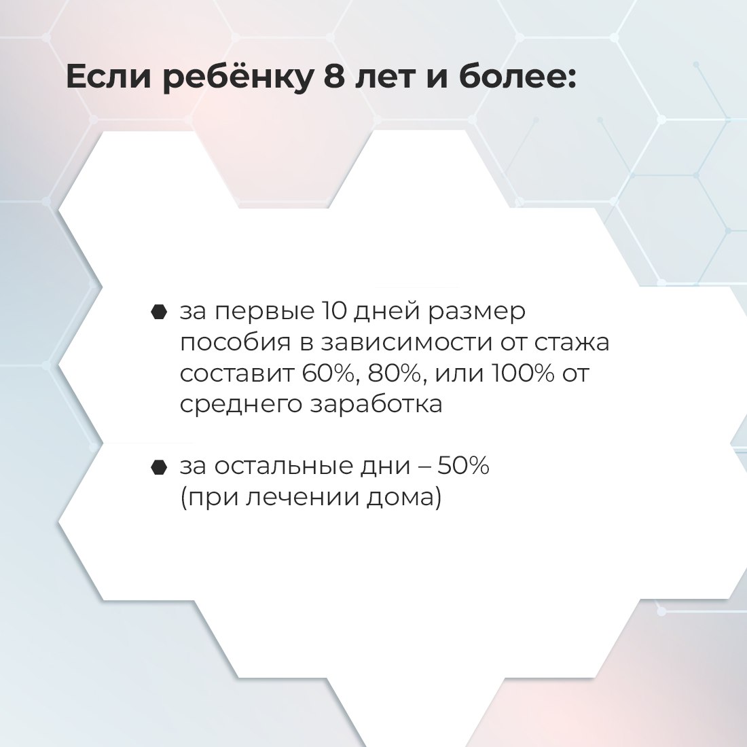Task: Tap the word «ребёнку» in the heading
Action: [x=237, y=77]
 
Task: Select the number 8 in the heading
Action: [x=334, y=77]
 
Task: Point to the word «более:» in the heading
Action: [x=517, y=77]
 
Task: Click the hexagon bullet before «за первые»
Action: [x=159, y=312]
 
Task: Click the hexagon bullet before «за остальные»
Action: [x=159, y=467]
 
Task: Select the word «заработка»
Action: [x=376, y=404]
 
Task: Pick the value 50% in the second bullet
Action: [x=463, y=465]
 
